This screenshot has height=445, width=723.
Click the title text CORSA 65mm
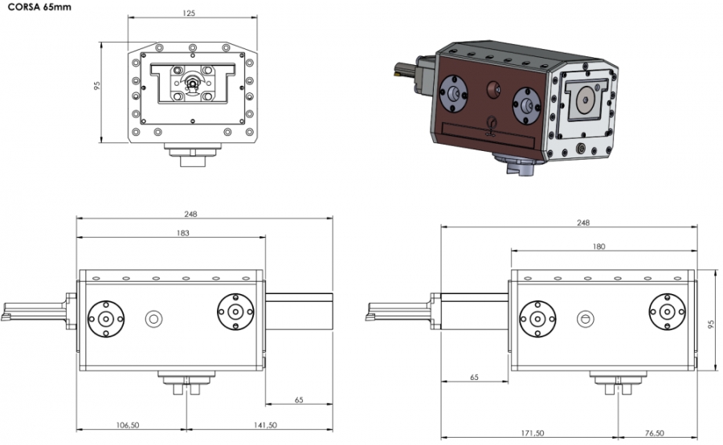[39, 7]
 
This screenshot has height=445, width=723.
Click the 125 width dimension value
[189, 14]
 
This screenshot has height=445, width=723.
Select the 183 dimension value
[182, 233]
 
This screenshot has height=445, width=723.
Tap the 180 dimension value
[598, 247]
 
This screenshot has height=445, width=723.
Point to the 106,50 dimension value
[128, 425]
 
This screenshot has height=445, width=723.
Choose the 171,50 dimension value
[533, 433]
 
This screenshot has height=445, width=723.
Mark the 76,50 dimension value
[654, 433]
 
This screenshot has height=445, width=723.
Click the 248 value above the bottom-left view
[190, 214]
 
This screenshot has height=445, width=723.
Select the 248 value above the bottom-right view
[583, 222]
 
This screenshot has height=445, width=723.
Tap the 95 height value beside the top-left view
[97, 85]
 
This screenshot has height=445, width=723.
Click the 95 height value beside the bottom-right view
[711, 325]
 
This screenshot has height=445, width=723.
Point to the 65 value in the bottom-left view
[299, 400]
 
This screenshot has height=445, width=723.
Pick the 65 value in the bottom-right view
[474, 378]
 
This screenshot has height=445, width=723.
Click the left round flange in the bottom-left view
[106, 319]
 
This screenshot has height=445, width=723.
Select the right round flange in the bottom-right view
[668, 312]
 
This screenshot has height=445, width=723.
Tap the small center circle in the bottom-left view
[153, 319]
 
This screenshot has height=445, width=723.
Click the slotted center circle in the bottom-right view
[585, 319]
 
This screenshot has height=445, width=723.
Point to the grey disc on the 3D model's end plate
[586, 100]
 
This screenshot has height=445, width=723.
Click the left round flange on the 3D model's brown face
[454, 94]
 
